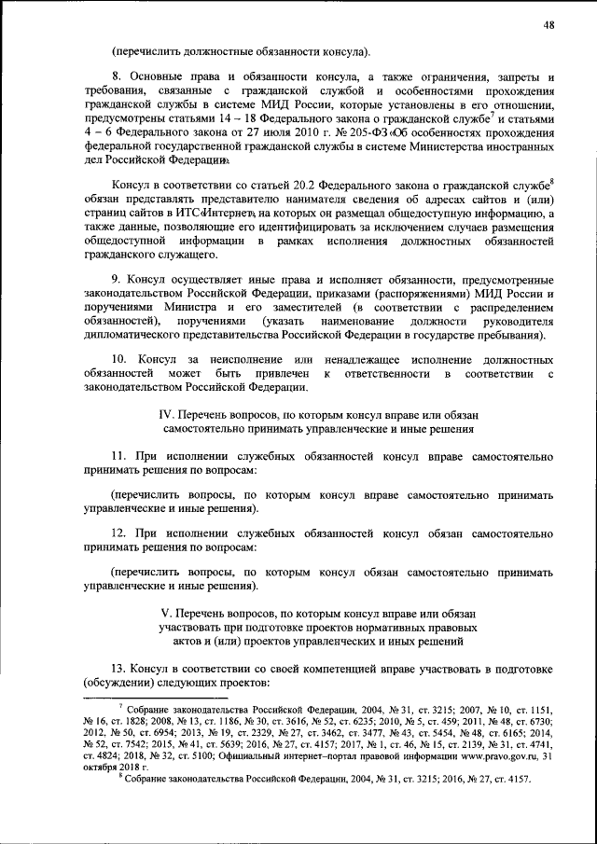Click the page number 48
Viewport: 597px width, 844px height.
tap(548, 25)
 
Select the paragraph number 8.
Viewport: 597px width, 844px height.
tap(116, 76)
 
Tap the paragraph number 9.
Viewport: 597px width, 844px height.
tap(116, 278)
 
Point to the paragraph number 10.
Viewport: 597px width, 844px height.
tap(118, 359)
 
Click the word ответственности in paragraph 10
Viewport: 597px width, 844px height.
tap(385, 373)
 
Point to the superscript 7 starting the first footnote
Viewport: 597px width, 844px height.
tap(120, 707)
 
